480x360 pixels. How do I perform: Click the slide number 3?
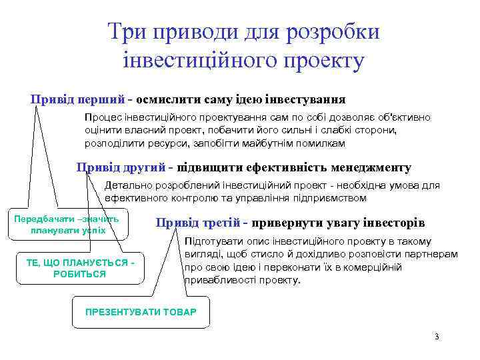[x=436, y=336]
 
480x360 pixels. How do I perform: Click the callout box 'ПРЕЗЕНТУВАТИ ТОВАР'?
[x=141, y=311]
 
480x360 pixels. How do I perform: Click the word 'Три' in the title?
[x=128, y=33]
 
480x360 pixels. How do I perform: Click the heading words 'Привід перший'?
[x=77, y=99]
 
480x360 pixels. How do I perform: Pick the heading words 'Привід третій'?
[x=198, y=223]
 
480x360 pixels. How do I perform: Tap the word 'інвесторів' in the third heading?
[x=391, y=223]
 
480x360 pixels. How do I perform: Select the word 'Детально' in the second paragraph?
[x=127, y=185]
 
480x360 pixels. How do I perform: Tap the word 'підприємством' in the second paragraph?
[x=330, y=198]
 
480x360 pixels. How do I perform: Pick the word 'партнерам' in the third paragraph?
[x=433, y=255]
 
